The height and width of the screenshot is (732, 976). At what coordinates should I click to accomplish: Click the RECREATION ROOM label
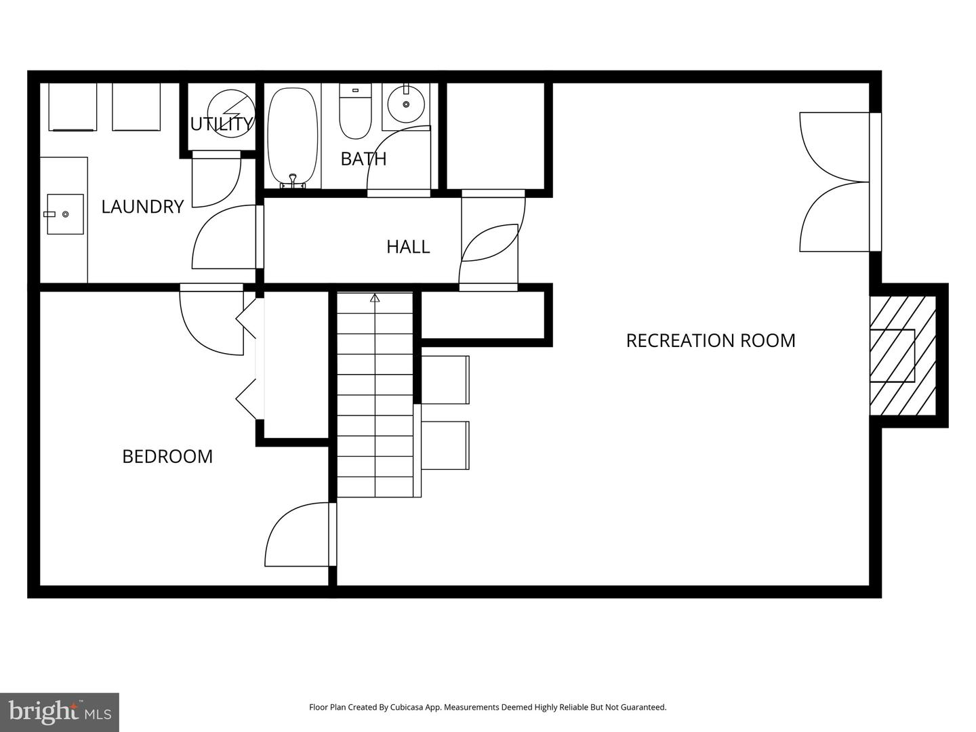710,340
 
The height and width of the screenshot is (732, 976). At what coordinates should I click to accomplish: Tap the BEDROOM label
167,456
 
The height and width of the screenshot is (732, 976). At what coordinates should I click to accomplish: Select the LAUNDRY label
142,206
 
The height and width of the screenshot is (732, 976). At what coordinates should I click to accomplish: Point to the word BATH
363,159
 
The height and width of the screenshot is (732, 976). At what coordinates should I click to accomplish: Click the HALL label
408,247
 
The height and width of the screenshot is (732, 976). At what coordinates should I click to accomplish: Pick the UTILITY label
221,124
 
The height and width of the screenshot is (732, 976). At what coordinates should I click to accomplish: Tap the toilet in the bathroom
355,111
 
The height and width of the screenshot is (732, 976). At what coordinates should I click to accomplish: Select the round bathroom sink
406,104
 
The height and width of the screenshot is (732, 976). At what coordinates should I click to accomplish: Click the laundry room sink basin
65,214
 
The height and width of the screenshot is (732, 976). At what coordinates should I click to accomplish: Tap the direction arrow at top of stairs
375,298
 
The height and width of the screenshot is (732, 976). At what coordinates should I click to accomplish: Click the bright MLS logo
59,712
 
